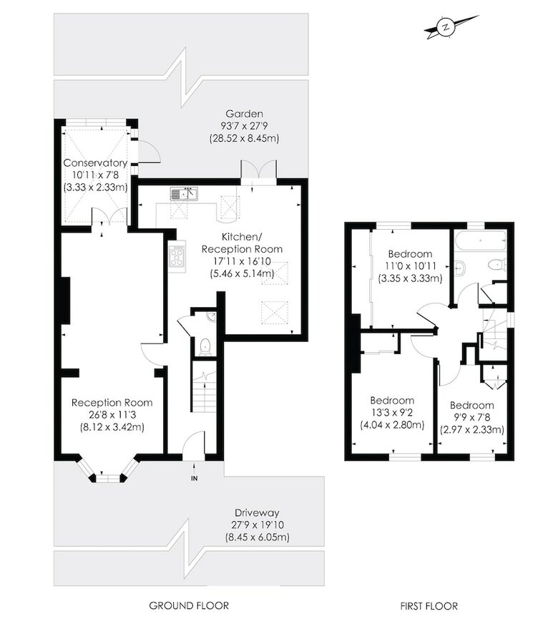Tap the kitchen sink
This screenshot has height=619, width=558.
[x=184, y=194]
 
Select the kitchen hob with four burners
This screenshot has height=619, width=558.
[x=177, y=256]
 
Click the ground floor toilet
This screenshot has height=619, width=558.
[x=205, y=347]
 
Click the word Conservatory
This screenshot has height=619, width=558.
[x=95, y=162]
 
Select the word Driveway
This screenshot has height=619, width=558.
[x=257, y=513]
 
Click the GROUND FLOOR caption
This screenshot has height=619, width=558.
[x=189, y=605]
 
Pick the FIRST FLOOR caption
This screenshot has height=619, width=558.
[x=429, y=605]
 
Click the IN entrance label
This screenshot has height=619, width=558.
[x=194, y=479]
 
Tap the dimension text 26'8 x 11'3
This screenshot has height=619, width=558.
[x=112, y=414]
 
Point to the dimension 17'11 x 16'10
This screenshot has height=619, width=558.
[x=242, y=261]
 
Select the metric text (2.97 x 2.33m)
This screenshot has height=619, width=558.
[x=472, y=429]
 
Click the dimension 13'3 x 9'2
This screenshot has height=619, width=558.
[x=392, y=412]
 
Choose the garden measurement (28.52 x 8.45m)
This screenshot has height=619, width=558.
[x=244, y=138]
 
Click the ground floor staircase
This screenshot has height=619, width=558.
[x=204, y=386]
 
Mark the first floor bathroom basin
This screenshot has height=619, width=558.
[x=459, y=268]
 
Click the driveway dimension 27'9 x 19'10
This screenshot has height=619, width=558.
[x=258, y=525]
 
